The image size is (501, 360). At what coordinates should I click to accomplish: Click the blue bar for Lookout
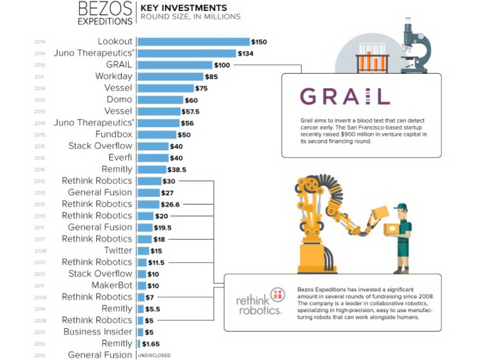point(194,42)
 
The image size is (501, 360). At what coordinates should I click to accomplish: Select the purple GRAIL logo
point(345,97)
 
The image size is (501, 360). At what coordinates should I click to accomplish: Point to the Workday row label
point(113,76)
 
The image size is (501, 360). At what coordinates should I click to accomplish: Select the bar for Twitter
point(142,251)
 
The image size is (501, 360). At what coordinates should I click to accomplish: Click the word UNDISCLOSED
point(154,355)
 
